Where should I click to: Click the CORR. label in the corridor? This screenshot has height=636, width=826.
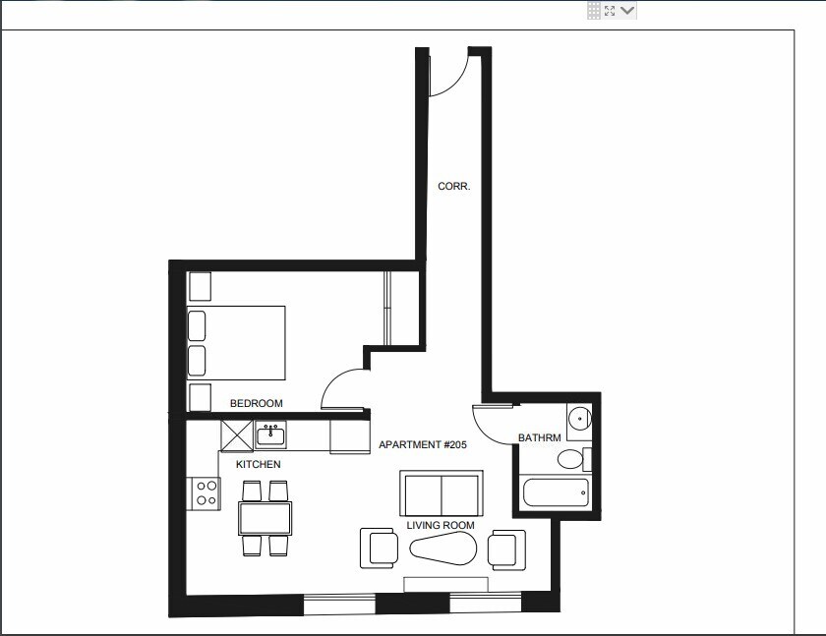point(453,186)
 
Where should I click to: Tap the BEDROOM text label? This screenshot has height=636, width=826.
point(256,403)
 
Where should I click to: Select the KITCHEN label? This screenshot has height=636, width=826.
point(258,464)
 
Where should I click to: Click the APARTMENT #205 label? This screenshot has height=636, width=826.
point(422,445)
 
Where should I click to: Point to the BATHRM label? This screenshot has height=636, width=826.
point(539,437)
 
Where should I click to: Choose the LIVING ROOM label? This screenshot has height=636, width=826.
point(441,526)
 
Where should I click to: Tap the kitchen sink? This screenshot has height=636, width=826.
point(270,434)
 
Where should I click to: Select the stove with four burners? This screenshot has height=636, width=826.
point(205,492)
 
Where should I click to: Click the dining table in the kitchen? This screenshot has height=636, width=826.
point(265,517)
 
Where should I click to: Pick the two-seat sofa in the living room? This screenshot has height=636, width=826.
point(441,492)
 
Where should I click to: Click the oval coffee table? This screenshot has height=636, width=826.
point(441,549)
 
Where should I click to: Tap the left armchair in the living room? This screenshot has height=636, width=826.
point(379,549)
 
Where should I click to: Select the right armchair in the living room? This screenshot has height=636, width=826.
point(506,549)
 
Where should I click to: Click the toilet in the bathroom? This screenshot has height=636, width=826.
point(569,459)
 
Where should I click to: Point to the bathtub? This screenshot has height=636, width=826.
point(556,492)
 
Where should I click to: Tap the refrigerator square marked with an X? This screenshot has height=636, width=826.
point(237,434)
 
